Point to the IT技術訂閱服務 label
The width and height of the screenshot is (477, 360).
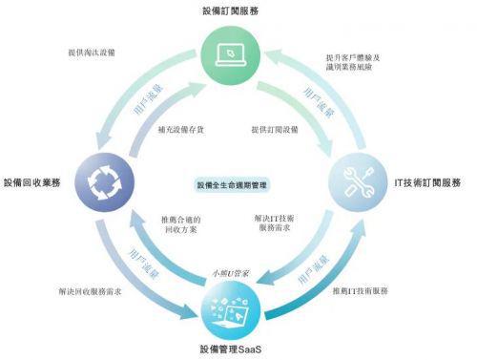(428, 182)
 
